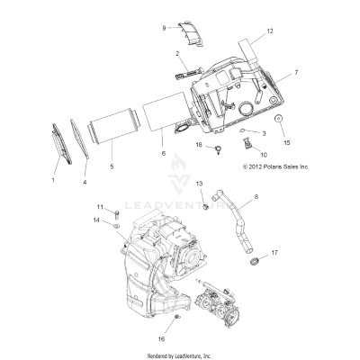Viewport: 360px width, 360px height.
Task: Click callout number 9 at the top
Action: pyautogui.click(x=164, y=29)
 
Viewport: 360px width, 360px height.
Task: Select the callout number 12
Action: pyautogui.click(x=268, y=31)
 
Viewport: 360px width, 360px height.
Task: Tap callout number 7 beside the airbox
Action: pyautogui.click(x=285, y=70)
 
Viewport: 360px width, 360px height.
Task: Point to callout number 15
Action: pyautogui.click(x=288, y=142)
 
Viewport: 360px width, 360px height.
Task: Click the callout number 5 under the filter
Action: pyautogui.click(x=111, y=166)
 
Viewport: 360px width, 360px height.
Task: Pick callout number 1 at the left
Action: pyautogui.click(x=53, y=180)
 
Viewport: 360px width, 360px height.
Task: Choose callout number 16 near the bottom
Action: pyautogui.click(x=162, y=340)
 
